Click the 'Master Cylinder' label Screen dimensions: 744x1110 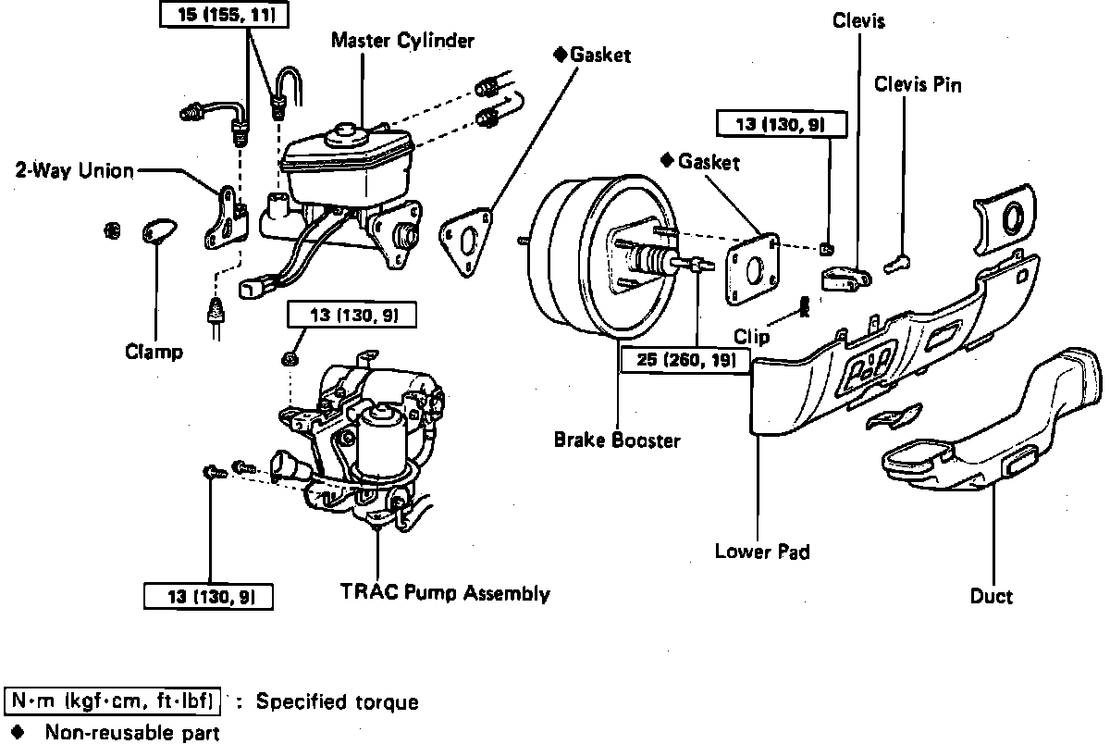pyautogui.click(x=403, y=41)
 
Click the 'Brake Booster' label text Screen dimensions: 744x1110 pyautogui.click(x=617, y=440)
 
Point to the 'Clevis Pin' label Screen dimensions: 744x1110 pyautogui.click(x=918, y=85)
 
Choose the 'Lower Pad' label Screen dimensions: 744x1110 pyautogui.click(x=762, y=552)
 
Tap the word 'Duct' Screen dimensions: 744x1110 pyautogui.click(x=992, y=597)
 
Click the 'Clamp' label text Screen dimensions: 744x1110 pyautogui.click(x=154, y=352)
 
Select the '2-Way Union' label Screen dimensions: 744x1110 pyautogui.click(x=75, y=170)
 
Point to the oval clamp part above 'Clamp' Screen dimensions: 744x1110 pyautogui.click(x=158, y=230)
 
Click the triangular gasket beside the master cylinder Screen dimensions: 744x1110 pyautogui.click(x=465, y=243)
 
